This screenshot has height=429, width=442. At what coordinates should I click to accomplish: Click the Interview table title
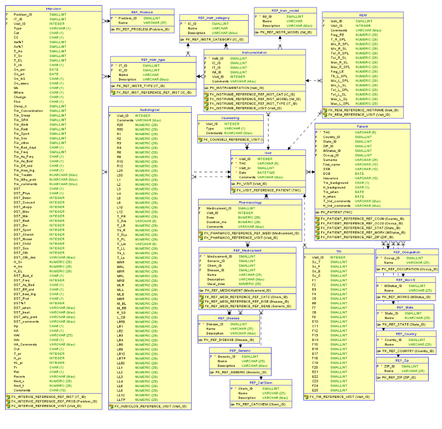(54, 9)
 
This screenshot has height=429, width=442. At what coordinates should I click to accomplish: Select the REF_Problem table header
(142, 12)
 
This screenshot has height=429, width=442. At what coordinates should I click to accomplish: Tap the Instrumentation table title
(254, 52)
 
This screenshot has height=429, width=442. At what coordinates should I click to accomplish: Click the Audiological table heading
(150, 110)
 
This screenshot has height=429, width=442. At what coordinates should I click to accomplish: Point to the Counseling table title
(230, 118)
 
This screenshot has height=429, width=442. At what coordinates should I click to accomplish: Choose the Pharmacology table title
(250, 202)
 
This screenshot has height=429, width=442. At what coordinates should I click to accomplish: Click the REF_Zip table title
(402, 360)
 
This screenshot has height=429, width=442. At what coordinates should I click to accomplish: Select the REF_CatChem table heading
(261, 383)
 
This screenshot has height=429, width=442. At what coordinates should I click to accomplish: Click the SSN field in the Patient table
(327, 169)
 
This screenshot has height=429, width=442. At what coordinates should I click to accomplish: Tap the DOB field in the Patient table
(327, 173)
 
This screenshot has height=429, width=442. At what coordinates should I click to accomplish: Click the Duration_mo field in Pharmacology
(216, 222)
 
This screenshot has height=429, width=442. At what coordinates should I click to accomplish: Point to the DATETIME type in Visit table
(266, 173)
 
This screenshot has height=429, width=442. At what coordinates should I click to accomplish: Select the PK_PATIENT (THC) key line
(336, 212)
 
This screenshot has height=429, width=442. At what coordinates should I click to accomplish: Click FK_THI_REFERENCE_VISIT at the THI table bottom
(339, 397)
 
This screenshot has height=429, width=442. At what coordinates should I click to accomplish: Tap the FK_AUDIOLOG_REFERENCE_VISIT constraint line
(150, 407)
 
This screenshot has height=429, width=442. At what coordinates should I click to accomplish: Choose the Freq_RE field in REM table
(337, 35)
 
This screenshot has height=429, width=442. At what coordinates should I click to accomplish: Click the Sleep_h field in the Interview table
(20, 106)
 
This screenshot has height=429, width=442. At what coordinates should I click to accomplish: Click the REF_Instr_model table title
(285, 10)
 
